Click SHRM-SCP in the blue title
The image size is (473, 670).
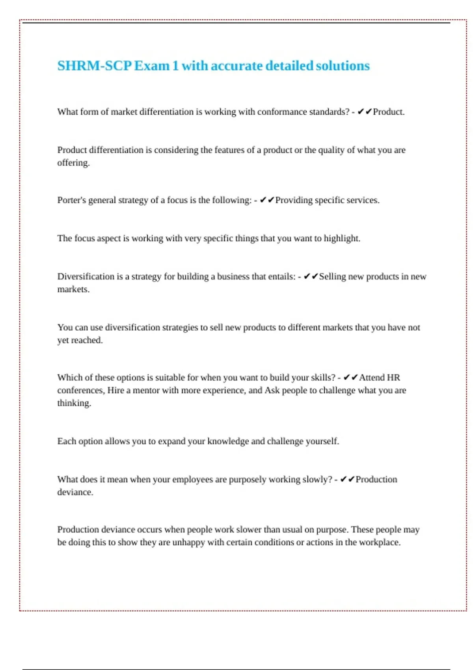(94, 65)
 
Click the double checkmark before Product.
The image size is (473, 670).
(365, 112)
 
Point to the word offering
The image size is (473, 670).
(73, 163)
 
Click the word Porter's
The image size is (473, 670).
(71, 200)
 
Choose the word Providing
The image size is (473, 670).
(294, 200)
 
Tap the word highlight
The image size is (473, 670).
(342, 238)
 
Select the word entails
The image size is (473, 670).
(281, 277)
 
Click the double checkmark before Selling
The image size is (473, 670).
(311, 277)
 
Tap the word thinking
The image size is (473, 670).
(74, 403)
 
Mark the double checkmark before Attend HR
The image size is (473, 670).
(350, 378)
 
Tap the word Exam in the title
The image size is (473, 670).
(151, 65)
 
